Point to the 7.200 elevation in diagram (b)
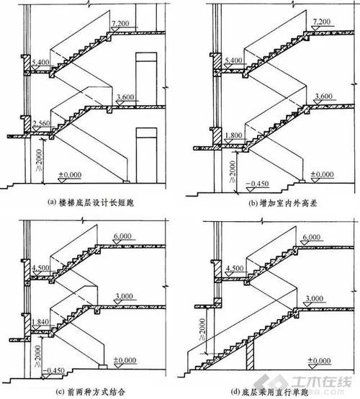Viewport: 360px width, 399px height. pos(320,24)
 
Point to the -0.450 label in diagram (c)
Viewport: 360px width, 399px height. pos(48,371)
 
